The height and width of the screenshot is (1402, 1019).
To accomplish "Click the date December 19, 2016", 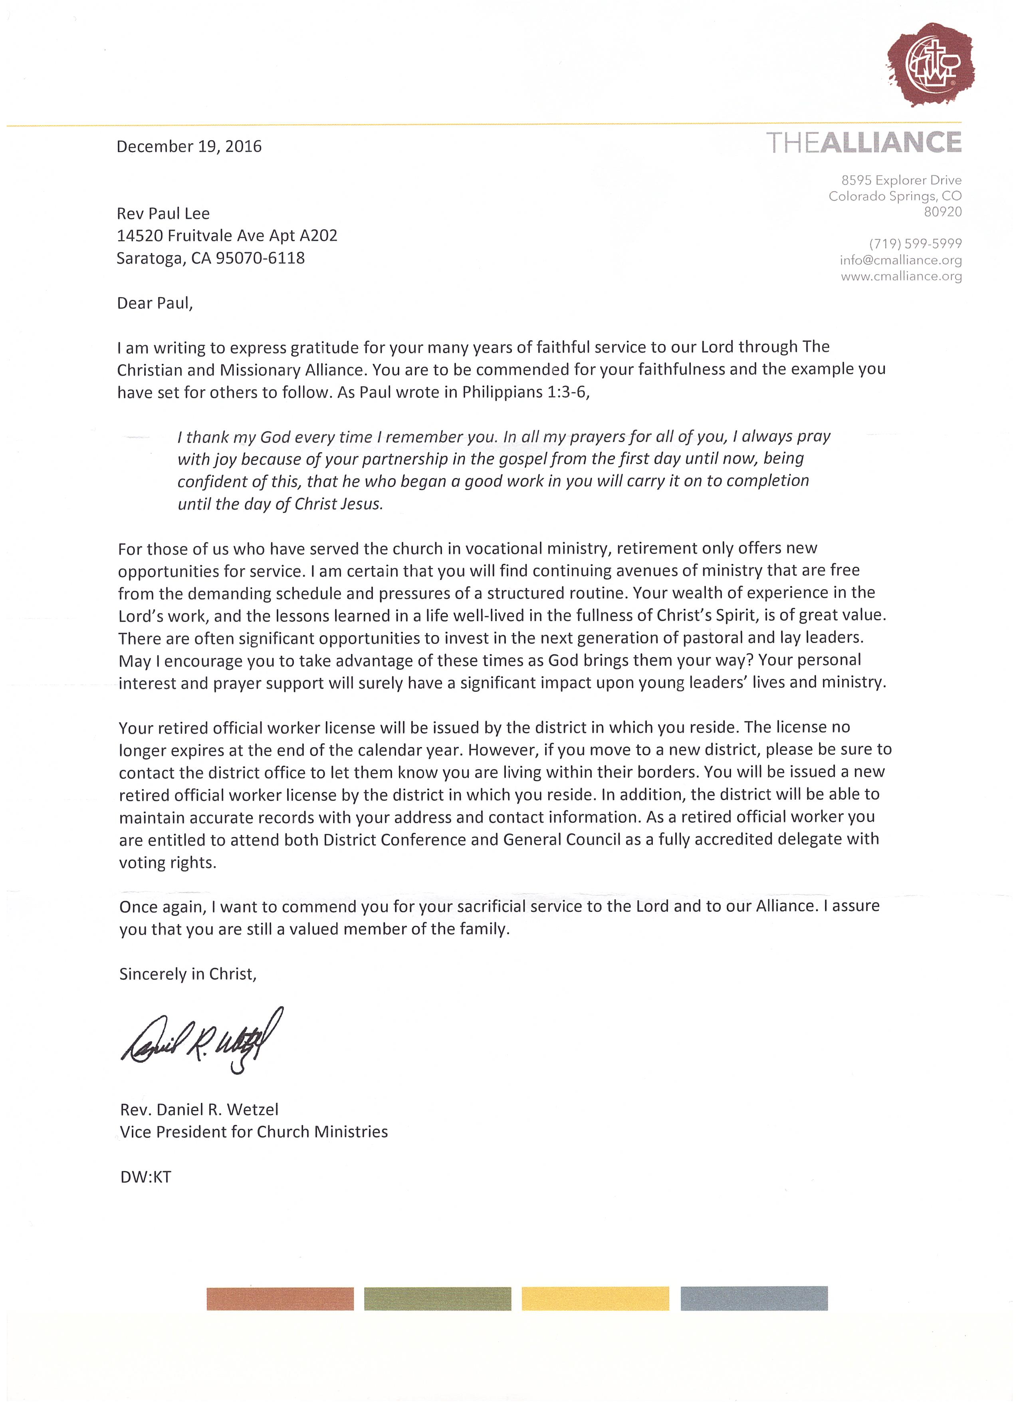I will (189, 147).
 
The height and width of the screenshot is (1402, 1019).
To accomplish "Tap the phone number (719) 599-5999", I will (915, 244).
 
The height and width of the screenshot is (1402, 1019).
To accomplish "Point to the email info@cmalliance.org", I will (900, 260).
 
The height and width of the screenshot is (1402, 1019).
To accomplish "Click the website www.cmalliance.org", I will (901, 276).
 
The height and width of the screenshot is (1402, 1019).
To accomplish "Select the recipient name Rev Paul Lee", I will (163, 214).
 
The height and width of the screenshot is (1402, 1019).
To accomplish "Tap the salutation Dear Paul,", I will (155, 304).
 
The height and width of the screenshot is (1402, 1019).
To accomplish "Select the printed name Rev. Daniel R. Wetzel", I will (199, 1110).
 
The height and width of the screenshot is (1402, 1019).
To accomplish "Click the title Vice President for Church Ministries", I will (254, 1132).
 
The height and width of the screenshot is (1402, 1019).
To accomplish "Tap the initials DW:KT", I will (146, 1177).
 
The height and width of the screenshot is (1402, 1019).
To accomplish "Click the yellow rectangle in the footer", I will (595, 1299).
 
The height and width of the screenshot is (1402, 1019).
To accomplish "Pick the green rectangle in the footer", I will (438, 1299).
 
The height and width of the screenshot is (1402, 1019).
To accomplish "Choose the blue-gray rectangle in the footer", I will (754, 1299).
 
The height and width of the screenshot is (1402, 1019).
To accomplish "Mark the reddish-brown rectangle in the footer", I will (280, 1299).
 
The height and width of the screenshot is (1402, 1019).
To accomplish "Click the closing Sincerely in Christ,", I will (188, 974).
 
